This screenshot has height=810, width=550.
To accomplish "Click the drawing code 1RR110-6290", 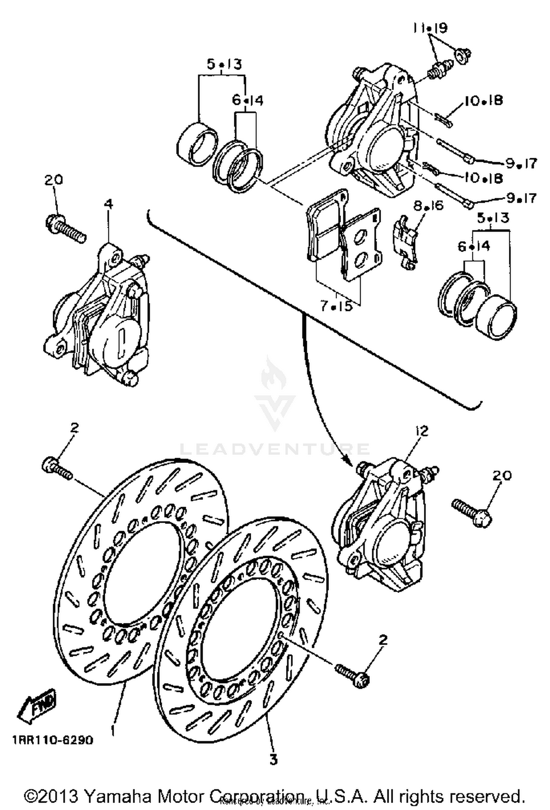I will point(53,740).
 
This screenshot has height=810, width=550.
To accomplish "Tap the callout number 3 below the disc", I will point(274,759).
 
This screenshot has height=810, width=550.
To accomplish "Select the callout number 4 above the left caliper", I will point(109,205).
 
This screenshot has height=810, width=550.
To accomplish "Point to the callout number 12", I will point(422,431).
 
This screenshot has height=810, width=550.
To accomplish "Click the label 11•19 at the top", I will point(430,28).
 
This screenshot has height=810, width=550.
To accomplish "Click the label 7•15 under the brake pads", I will point(336,306).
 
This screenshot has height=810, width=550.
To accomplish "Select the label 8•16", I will point(428,206).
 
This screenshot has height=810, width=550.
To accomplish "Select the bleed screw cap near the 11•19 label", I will point(462,55).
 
